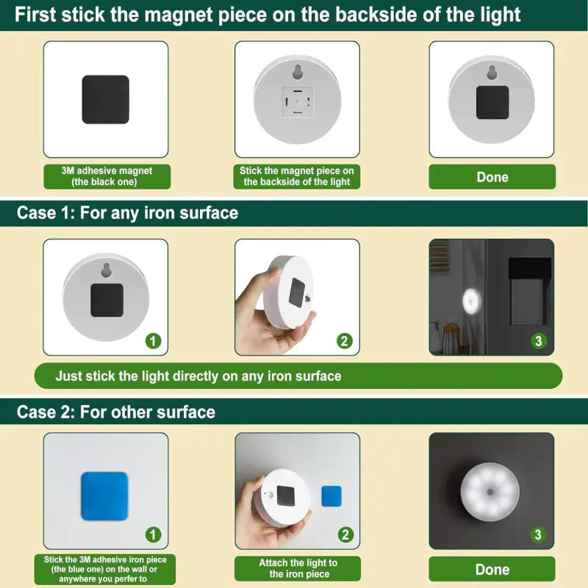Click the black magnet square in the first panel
tap(105, 99)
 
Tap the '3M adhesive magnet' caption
tap(107, 176)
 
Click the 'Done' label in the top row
tap(492, 177)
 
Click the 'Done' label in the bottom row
tap(492, 570)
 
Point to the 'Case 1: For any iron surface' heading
tap(128, 213)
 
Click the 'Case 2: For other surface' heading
tap(116, 412)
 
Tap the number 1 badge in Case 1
tap(153, 341)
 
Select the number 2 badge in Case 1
tap(345, 341)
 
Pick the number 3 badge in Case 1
tap(538, 341)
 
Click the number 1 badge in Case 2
tap(153, 535)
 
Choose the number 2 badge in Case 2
tap(345, 535)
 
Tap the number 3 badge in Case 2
tap(538, 535)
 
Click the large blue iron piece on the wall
tap(104, 486)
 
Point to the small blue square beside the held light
tap(331, 497)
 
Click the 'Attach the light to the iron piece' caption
tap(298, 568)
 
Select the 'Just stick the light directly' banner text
tap(198, 376)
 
